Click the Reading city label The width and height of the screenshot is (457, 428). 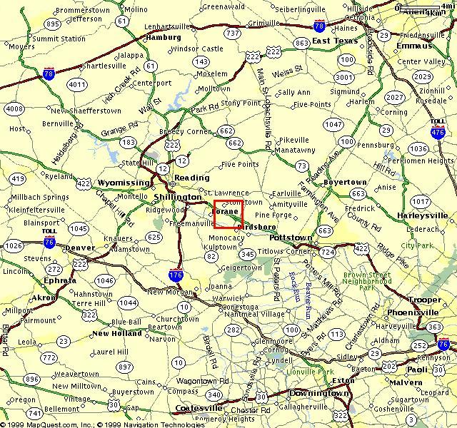(193, 178)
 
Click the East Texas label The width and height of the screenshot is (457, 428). (334, 41)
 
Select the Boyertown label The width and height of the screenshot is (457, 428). (345, 183)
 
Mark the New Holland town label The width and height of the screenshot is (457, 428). (116, 333)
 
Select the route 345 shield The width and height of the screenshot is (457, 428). (248, 254)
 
